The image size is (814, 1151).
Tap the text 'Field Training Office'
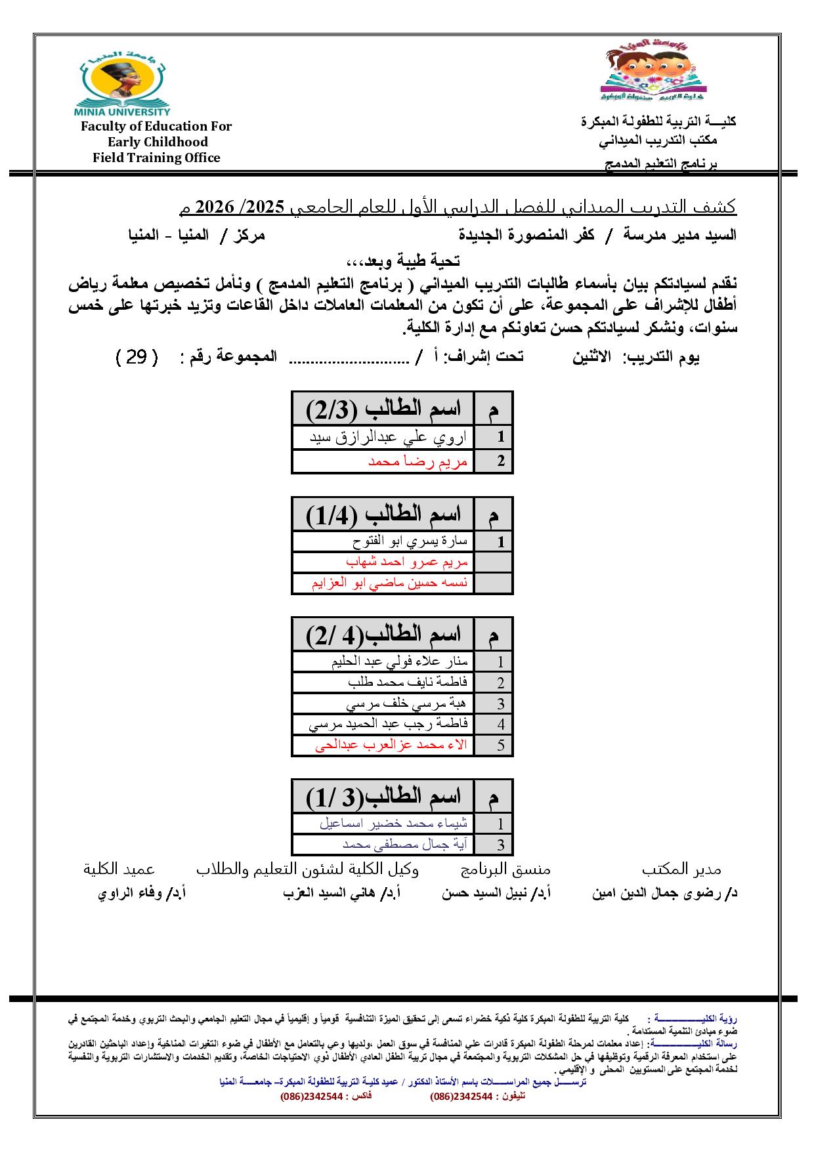156,157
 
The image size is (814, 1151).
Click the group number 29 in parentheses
137,357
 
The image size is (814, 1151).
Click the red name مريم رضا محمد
418,461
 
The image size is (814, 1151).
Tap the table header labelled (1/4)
383,514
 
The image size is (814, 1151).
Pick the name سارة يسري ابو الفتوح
410,542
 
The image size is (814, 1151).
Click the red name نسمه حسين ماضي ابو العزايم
390,583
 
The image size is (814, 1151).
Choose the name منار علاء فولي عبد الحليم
399,661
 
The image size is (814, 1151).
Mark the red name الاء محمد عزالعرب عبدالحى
391,745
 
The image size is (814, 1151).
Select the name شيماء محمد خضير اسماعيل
393,824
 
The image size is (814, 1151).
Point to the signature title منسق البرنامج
506,869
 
